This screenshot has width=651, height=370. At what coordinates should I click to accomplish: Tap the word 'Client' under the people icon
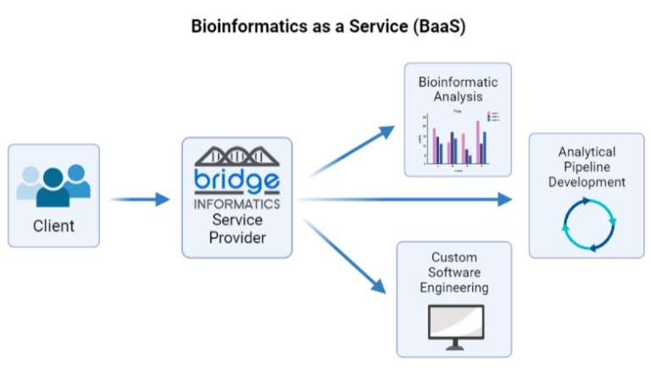pyautogui.click(x=53, y=226)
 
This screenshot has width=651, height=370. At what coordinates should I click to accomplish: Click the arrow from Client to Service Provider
pyautogui.click(x=141, y=200)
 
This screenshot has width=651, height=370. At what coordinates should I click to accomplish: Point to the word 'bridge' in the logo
pyautogui.click(x=236, y=181)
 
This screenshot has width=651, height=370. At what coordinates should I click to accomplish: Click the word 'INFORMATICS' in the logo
pyautogui.click(x=236, y=204)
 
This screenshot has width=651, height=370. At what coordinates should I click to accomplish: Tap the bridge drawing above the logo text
pyautogui.click(x=236, y=156)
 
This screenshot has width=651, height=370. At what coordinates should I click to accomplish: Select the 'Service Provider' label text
pyautogui.click(x=237, y=228)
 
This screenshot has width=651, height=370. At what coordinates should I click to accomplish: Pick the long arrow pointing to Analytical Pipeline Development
pyautogui.click(x=407, y=199)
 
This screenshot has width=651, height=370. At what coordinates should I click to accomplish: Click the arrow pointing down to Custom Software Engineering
pyautogui.click(x=348, y=255)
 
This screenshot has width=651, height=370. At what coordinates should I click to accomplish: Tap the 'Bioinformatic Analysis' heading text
pyautogui.click(x=458, y=89)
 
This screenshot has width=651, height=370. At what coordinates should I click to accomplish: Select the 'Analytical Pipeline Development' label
pyautogui.click(x=587, y=166)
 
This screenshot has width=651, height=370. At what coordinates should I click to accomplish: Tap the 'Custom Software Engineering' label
pyautogui.click(x=454, y=272)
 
